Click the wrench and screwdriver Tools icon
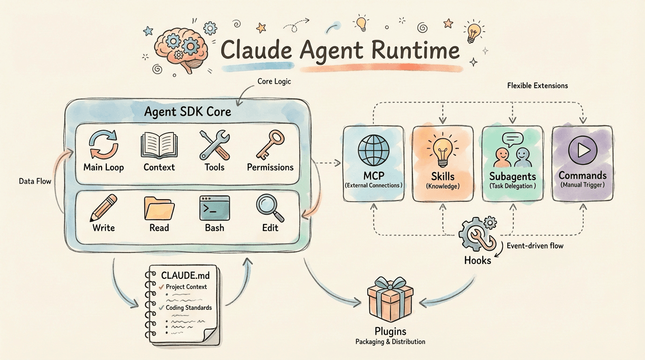click(x=214, y=145)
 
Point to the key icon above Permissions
click(x=270, y=144)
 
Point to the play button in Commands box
click(x=582, y=150)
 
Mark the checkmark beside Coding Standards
click(x=160, y=307)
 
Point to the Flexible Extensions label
click(x=537, y=86)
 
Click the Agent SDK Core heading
click(x=187, y=112)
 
